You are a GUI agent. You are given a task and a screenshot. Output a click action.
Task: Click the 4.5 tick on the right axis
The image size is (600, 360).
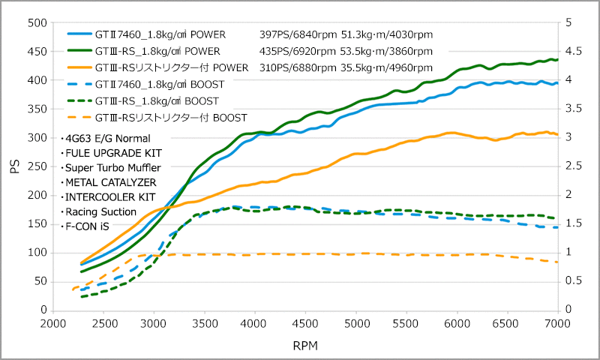pos(574,52)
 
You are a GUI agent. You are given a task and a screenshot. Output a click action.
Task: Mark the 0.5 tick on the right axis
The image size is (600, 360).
pos(574,281)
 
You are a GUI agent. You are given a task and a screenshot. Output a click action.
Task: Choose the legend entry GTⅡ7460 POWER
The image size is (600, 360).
pos(165,34)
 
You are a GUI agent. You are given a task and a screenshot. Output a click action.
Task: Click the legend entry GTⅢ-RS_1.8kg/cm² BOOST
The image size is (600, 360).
pos(157,100)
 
